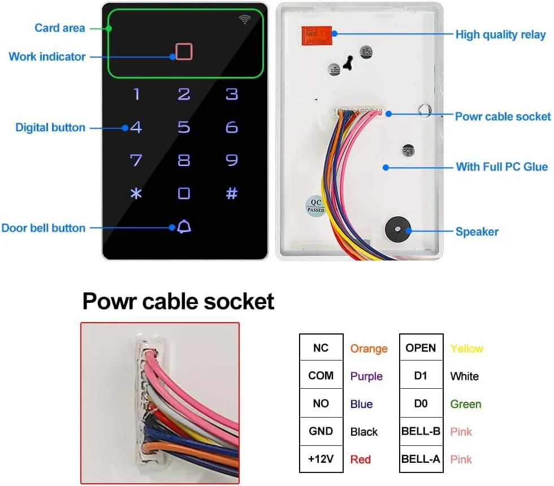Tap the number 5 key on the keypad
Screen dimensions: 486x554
(184, 127)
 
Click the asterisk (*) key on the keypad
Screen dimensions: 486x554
(136, 193)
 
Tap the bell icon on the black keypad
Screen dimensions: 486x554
(184, 227)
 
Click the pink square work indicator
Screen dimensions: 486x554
(184, 51)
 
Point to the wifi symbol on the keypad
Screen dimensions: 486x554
(244, 20)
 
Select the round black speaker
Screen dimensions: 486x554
(396, 229)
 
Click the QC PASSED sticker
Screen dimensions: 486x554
(315, 204)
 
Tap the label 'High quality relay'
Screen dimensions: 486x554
(500, 34)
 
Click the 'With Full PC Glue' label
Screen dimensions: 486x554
(501, 167)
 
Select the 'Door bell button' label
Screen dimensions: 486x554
(44, 228)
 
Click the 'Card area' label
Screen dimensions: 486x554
(60, 28)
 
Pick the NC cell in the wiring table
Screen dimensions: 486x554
(321, 348)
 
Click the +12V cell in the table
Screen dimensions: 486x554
(321, 459)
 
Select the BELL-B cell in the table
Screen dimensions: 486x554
(420, 431)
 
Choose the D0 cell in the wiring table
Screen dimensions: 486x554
(420, 403)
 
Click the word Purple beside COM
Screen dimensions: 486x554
(366, 376)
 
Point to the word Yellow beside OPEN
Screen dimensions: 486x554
(466, 348)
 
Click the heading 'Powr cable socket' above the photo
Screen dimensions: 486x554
(178, 301)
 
